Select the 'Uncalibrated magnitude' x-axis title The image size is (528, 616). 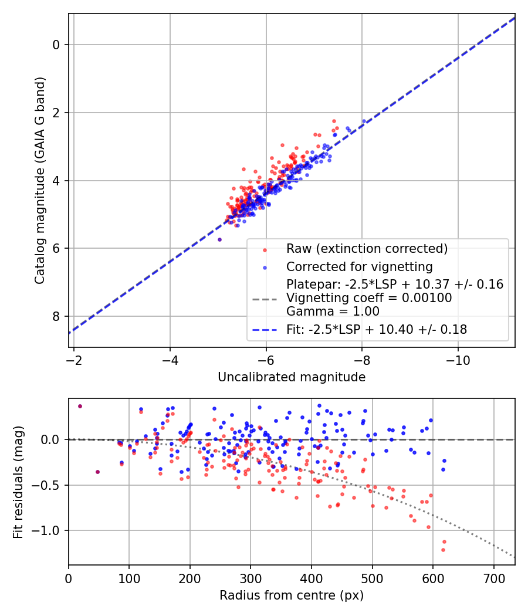[x=292, y=377]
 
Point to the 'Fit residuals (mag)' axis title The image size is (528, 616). [x=18, y=482]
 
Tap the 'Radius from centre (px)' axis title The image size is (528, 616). [x=292, y=595]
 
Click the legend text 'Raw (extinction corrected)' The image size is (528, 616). [x=367, y=248]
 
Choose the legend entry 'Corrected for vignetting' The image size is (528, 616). [x=359, y=267]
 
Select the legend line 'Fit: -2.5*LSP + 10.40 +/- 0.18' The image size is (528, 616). [x=377, y=330]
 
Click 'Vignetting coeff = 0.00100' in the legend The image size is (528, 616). [x=369, y=298]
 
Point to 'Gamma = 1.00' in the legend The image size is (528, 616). [x=333, y=312]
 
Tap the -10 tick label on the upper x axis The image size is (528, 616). [x=458, y=360]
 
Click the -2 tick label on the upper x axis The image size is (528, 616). [x=74, y=360]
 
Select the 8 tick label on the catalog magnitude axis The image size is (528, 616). [x=56, y=316]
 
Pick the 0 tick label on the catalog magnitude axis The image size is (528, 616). [x=56, y=45]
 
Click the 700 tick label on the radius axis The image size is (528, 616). [x=493, y=578]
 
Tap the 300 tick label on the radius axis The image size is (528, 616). [x=251, y=578]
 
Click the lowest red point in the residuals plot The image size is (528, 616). [x=443, y=550]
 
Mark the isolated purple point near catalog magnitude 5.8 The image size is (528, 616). [x=219, y=239]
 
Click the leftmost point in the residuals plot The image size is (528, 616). [x=80, y=406]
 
